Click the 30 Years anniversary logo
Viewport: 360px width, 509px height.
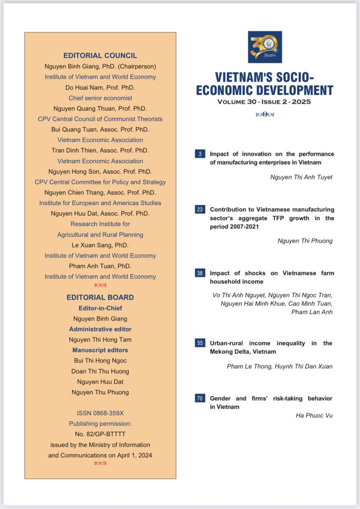pyautogui.click(x=265, y=47)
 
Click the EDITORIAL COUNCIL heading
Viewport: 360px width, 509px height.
pyautogui.click(x=100, y=56)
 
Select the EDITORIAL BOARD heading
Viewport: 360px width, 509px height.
pyautogui.click(x=100, y=297)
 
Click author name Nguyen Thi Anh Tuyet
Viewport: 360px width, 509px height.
pyautogui.click(x=301, y=177)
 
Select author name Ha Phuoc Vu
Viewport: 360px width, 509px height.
pyautogui.click(x=314, y=415)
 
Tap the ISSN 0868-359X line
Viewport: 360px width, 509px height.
pyautogui.click(x=100, y=413)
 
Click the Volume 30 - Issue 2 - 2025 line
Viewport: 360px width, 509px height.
pyautogui.click(x=264, y=102)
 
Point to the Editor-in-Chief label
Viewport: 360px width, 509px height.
pyautogui.click(x=100, y=308)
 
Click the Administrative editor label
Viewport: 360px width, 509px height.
pyautogui.click(x=100, y=329)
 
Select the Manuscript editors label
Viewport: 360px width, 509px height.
pyautogui.click(x=100, y=350)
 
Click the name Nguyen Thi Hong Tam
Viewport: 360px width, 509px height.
pyautogui.click(x=100, y=340)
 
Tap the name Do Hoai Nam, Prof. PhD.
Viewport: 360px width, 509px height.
pyautogui.click(x=100, y=87)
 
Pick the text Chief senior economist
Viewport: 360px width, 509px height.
pyautogui.click(x=100, y=98)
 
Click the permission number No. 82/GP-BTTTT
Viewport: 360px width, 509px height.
pyautogui.click(x=100, y=434)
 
